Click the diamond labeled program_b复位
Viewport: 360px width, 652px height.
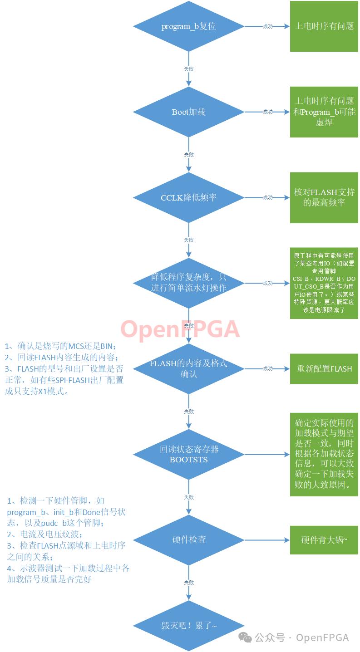pyautogui.click(x=188, y=26)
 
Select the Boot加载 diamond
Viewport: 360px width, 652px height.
pyautogui.click(x=188, y=112)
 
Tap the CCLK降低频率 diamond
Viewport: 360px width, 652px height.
pyautogui.click(x=188, y=197)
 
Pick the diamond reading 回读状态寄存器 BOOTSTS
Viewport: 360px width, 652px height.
pyautogui.click(x=188, y=454)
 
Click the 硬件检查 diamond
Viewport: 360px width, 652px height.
pyautogui.click(x=188, y=540)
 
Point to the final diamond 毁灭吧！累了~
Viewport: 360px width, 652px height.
pyautogui.click(x=188, y=626)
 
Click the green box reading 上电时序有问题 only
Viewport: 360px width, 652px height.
pyautogui.click(x=324, y=26)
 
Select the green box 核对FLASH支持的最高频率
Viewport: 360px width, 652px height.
pyautogui.click(x=324, y=197)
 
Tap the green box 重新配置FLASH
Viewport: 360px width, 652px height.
pyautogui.click(x=324, y=368)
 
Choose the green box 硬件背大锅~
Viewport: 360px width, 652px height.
pyautogui.click(x=324, y=540)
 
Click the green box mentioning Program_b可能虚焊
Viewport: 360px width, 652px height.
pyautogui.click(x=324, y=112)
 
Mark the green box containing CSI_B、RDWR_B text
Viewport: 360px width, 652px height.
pyautogui.click(x=324, y=283)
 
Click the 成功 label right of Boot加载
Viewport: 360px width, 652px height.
pyautogui.click(x=268, y=112)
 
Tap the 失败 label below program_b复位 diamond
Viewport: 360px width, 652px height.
pyautogui.click(x=188, y=69)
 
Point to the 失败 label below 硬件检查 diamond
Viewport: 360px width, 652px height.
pyautogui.click(x=188, y=582)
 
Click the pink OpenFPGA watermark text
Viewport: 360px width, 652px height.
pyautogui.click(x=180, y=329)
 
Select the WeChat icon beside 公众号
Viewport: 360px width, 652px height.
pyautogui.click(x=245, y=637)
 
